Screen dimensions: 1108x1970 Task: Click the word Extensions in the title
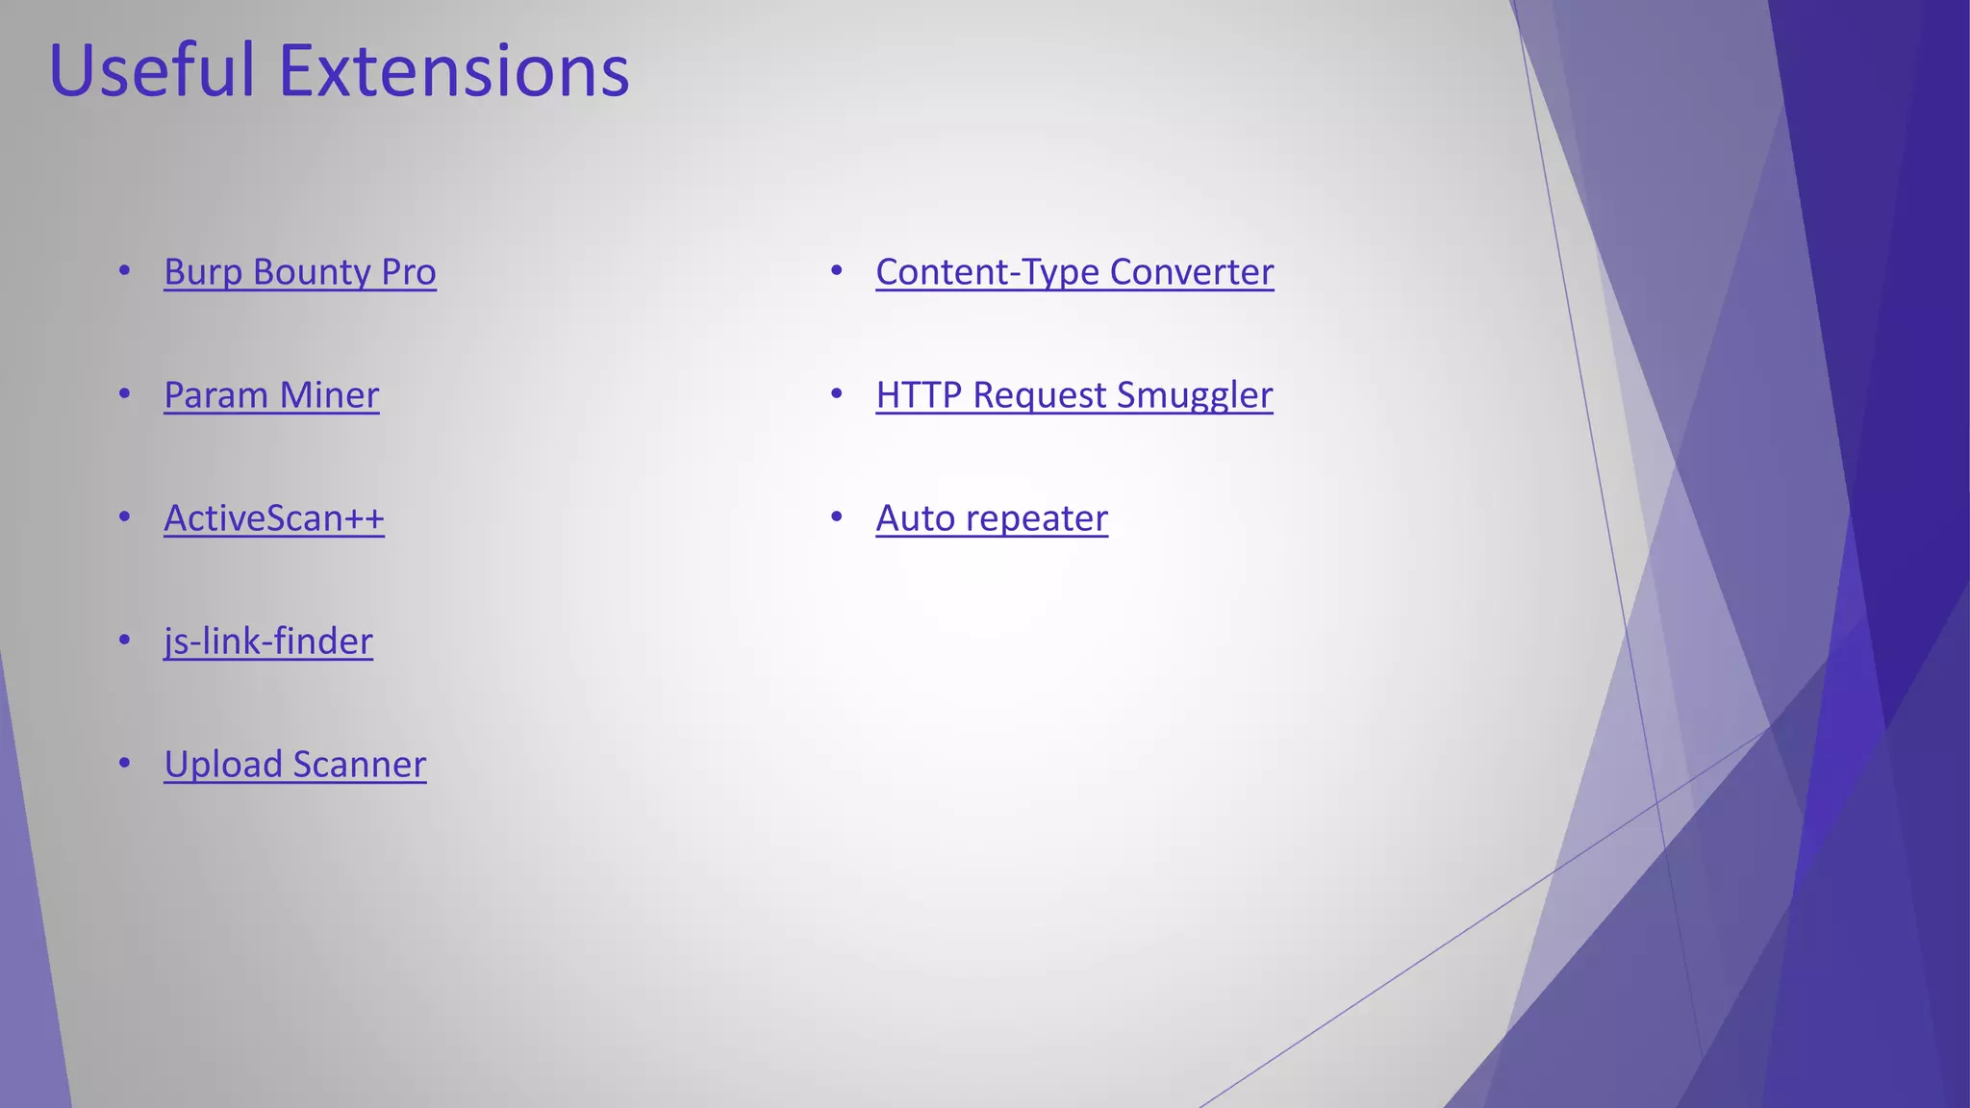[x=453, y=71]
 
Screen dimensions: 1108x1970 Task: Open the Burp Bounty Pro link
[x=299, y=272]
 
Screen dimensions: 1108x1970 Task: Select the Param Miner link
[x=271, y=395]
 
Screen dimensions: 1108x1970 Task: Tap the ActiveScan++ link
[x=274, y=518]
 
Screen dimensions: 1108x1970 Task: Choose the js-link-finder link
[x=268, y=642]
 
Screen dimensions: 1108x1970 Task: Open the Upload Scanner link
[x=294, y=765]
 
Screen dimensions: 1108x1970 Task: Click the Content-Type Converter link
[x=1074, y=272]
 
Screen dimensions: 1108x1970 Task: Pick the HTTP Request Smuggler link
[x=1073, y=395]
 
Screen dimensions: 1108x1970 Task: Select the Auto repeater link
[x=992, y=518]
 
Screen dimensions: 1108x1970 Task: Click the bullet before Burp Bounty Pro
[x=124, y=271]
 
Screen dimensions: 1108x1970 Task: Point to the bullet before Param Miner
[x=124, y=394]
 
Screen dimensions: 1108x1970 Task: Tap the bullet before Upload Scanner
[x=124, y=764]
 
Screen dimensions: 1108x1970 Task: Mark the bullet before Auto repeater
[x=836, y=517]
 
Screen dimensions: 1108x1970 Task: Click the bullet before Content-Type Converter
[x=836, y=271]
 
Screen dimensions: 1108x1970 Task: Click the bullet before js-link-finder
[x=124, y=641]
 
